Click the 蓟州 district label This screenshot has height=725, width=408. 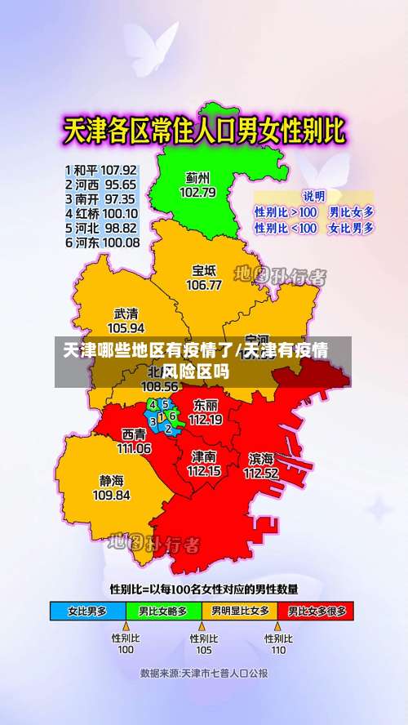pyautogui.click(x=197, y=177)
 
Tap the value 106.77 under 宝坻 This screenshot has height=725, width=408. pyautogui.click(x=204, y=285)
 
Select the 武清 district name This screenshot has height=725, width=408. pyautogui.click(x=126, y=313)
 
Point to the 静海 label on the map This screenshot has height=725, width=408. pyautogui.click(x=112, y=480)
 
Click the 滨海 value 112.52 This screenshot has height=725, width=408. pyautogui.click(x=261, y=473)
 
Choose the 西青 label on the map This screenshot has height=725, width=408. pyautogui.click(x=134, y=434)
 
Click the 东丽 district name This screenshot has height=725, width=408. pyautogui.click(x=205, y=405)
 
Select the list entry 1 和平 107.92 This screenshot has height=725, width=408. pyautogui.click(x=101, y=171)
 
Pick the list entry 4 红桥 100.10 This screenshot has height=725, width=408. pyautogui.click(x=101, y=213)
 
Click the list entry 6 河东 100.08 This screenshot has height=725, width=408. pyautogui.click(x=101, y=242)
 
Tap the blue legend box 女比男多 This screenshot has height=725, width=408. pyautogui.click(x=88, y=611)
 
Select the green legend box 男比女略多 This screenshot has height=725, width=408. pyautogui.click(x=163, y=611)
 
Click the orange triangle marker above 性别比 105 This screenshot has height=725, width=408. pyautogui.click(x=202, y=627)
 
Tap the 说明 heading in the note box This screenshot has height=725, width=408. pyautogui.click(x=313, y=196)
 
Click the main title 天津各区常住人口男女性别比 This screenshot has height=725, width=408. pyautogui.click(x=204, y=131)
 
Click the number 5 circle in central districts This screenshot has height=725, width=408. pyautogui.click(x=165, y=403)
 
